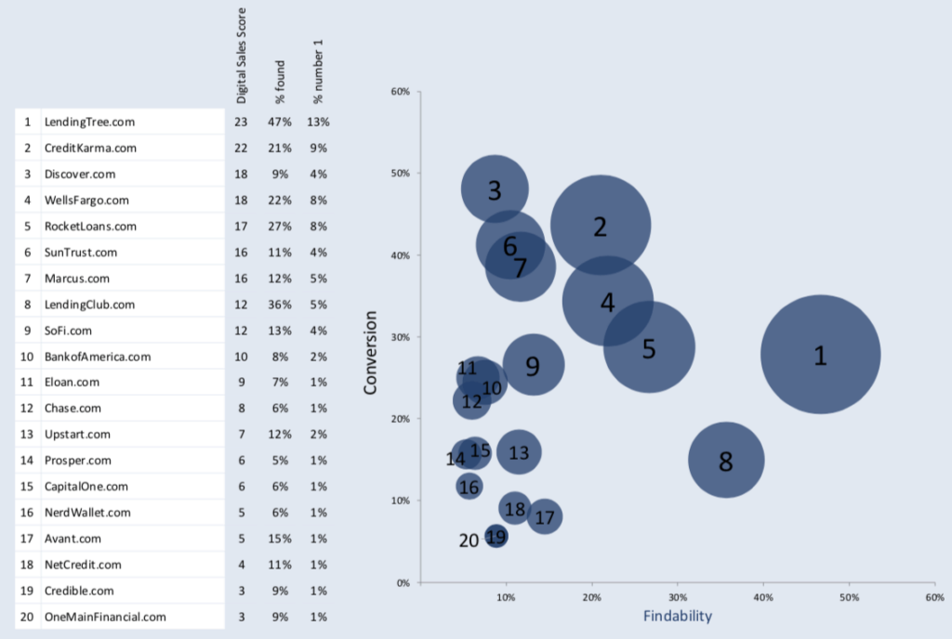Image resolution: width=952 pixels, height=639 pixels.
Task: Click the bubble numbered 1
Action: tap(820, 354)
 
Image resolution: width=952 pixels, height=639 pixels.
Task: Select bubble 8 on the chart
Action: tap(726, 460)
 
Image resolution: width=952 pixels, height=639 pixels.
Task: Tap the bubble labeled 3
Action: tap(495, 189)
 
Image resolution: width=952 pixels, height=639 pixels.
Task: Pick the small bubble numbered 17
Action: tap(545, 517)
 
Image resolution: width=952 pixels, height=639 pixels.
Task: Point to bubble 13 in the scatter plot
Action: tap(519, 452)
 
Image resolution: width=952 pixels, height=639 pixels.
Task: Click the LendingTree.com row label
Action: tap(89, 122)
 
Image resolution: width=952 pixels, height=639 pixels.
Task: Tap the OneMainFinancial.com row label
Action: tap(105, 616)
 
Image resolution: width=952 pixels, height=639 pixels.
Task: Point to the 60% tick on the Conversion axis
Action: tap(401, 91)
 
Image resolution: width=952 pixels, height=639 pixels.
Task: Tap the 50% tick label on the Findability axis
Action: tap(848, 597)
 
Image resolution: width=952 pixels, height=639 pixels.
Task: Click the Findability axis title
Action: tap(678, 615)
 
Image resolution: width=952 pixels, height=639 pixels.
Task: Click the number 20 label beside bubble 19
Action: tap(469, 541)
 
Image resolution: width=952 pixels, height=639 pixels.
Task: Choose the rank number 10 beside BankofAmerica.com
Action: tap(27, 356)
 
